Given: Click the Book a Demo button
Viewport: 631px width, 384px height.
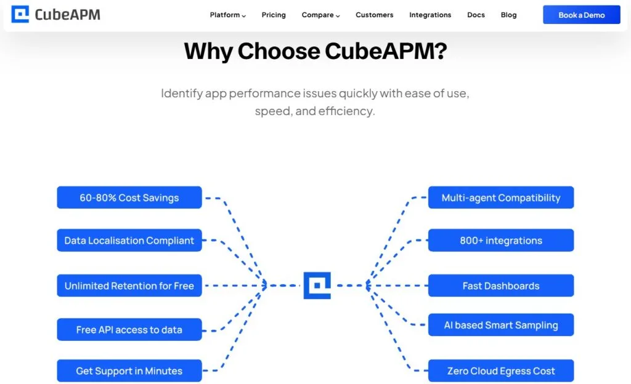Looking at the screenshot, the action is tap(581, 15).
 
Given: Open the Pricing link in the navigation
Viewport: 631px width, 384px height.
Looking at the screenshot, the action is tap(274, 15).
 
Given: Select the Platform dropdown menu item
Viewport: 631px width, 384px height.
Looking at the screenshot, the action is tap(227, 15).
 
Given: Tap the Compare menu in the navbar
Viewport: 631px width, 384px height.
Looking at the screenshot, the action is tap(320, 15).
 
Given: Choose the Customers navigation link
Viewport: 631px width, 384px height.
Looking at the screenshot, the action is tap(374, 15).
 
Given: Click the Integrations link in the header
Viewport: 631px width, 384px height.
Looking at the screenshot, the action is tap(430, 15).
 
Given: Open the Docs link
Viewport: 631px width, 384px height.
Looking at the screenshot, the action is tap(476, 15).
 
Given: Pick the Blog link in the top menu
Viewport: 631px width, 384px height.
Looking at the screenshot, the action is tap(509, 15).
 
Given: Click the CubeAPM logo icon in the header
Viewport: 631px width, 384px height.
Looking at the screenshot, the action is tap(20, 14).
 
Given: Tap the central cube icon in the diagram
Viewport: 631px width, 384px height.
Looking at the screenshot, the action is tap(317, 286).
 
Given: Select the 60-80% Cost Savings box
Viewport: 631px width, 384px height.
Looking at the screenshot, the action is tap(129, 198).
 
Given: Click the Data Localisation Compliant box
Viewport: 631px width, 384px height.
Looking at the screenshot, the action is tap(129, 241).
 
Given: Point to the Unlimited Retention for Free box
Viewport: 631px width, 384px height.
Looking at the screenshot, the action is tap(129, 286).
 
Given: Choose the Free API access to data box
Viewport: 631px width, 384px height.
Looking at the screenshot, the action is tap(129, 329).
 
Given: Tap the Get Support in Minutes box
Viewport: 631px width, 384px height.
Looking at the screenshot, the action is tap(129, 370).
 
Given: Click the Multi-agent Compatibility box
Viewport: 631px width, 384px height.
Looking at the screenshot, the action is tap(501, 198).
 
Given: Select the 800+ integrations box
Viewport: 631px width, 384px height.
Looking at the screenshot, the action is tap(501, 241).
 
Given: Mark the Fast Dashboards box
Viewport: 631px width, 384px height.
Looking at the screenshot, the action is tap(501, 286).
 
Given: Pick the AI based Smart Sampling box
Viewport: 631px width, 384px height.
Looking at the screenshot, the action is tap(501, 325).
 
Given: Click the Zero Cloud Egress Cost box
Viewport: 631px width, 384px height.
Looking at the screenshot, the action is tap(501, 370).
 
